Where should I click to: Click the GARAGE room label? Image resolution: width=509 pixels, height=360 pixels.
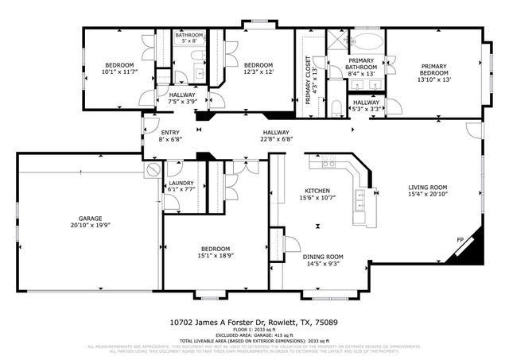point(89,217)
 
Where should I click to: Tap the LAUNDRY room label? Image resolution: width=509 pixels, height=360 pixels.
point(181,184)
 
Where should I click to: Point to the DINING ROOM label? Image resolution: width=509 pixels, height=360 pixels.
point(323,257)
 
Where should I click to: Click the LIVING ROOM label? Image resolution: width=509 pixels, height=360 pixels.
point(428,187)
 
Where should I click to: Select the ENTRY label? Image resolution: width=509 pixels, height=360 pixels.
point(170,133)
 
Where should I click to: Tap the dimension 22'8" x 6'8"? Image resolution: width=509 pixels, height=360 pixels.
point(277,140)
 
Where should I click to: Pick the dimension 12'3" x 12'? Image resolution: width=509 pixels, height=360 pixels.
point(258,72)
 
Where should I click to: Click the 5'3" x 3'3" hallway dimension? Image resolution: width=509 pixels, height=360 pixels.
point(366,109)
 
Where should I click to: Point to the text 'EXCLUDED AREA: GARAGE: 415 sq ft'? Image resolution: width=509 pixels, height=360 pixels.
point(254,335)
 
